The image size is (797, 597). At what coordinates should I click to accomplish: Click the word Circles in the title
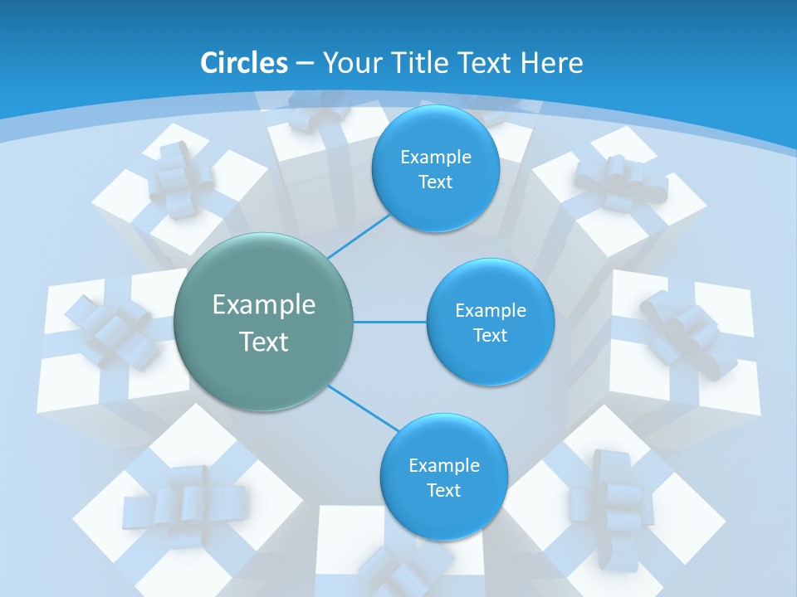click(x=244, y=63)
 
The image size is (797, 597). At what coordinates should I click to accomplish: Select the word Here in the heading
click(x=552, y=63)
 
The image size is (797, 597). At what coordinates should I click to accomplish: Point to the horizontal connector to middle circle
click(x=390, y=322)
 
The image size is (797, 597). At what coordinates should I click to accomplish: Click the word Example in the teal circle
click(x=264, y=305)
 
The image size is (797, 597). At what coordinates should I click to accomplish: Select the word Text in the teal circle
click(x=264, y=342)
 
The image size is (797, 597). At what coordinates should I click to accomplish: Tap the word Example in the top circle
click(x=435, y=158)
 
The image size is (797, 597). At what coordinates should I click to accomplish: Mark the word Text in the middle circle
click(x=490, y=336)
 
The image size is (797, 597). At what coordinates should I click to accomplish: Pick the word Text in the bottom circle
click(x=443, y=491)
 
